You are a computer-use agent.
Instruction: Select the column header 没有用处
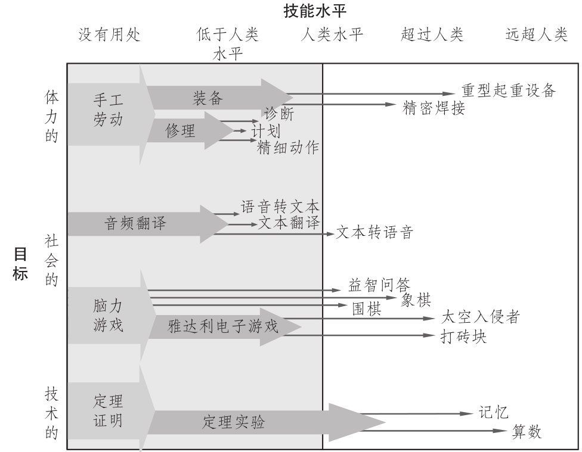[x=110, y=35]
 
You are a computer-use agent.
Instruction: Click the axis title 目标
[x=20, y=266]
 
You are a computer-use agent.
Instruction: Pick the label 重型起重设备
[x=509, y=91]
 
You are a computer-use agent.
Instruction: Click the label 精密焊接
[x=434, y=108]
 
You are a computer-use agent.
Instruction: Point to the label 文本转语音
[x=374, y=232]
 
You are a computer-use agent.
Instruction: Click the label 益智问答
[x=380, y=285]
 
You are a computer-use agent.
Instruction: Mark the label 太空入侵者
[x=481, y=317]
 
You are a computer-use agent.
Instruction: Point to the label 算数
[x=527, y=432]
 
